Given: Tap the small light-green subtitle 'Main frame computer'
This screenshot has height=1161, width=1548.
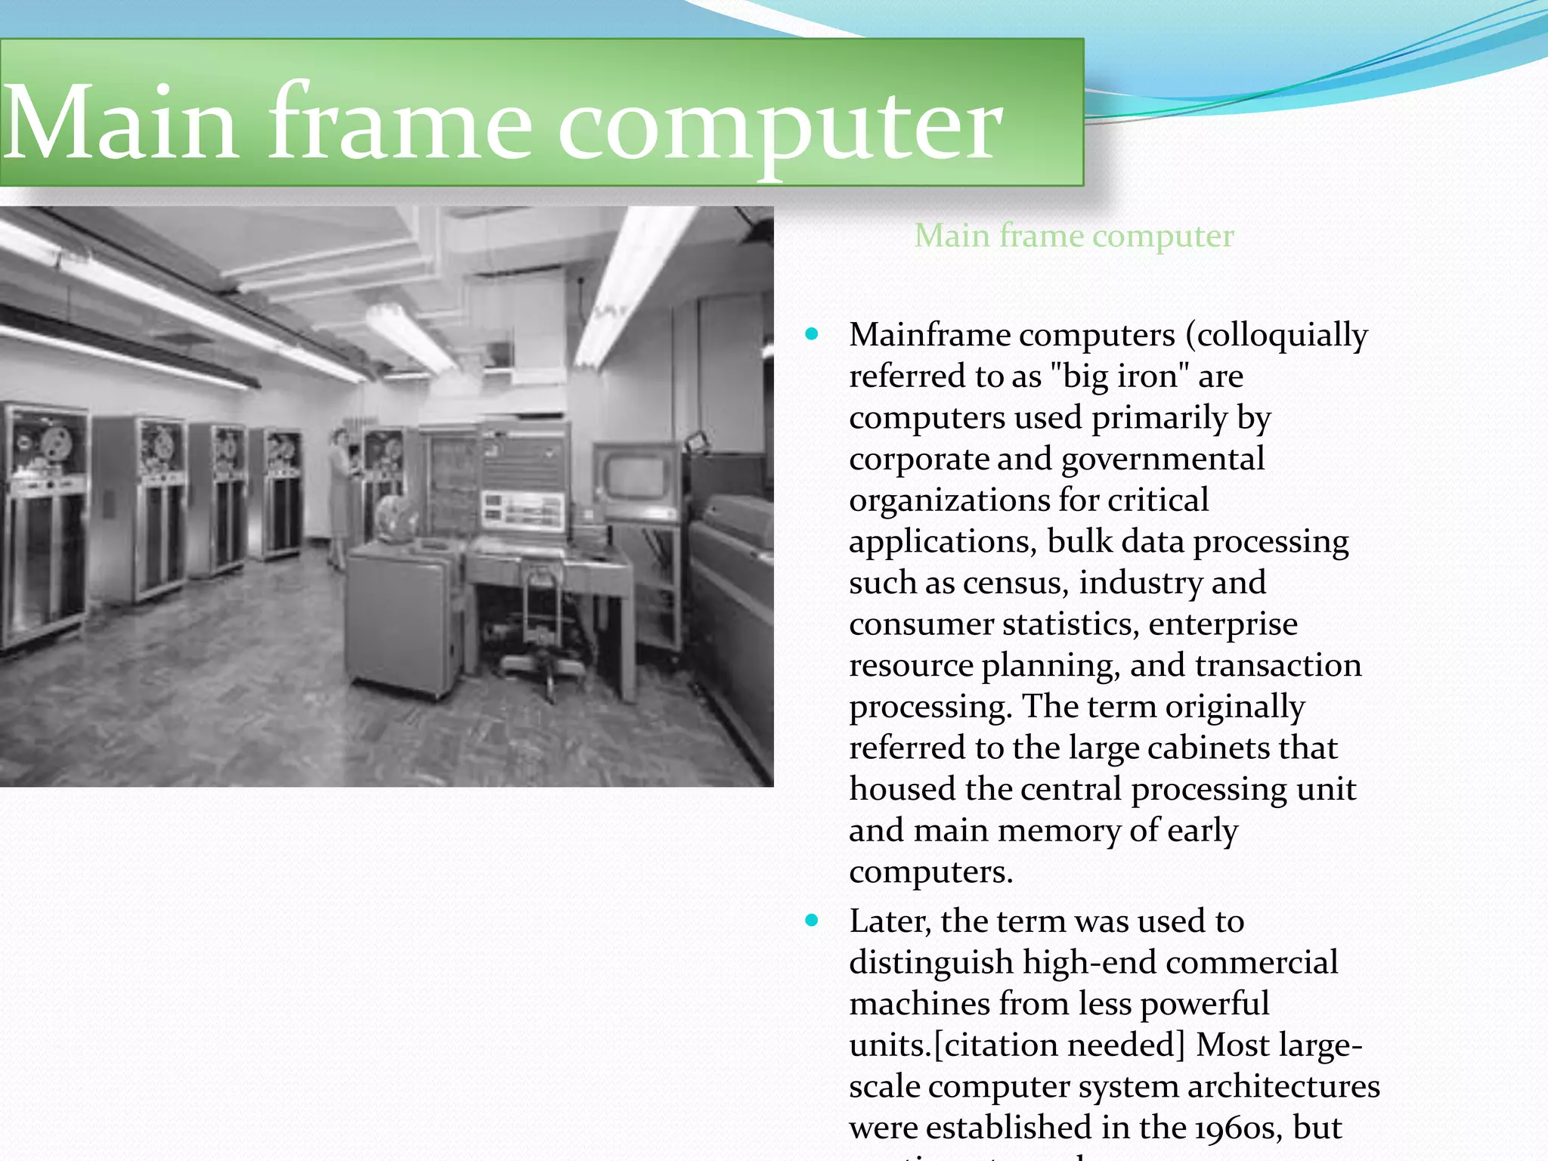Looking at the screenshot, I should [1073, 236].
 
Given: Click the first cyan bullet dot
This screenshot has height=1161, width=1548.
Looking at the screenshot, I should [813, 334].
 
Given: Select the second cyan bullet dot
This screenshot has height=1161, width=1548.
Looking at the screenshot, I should [813, 920].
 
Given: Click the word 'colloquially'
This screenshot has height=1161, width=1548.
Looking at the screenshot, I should [1277, 336].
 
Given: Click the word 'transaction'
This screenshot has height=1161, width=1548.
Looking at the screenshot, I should [1278, 665].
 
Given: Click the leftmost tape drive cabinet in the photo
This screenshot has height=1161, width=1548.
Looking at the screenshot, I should [44, 522].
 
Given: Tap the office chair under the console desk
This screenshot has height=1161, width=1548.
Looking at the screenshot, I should [541, 627].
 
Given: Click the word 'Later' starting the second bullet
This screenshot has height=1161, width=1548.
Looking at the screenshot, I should [890, 921].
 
